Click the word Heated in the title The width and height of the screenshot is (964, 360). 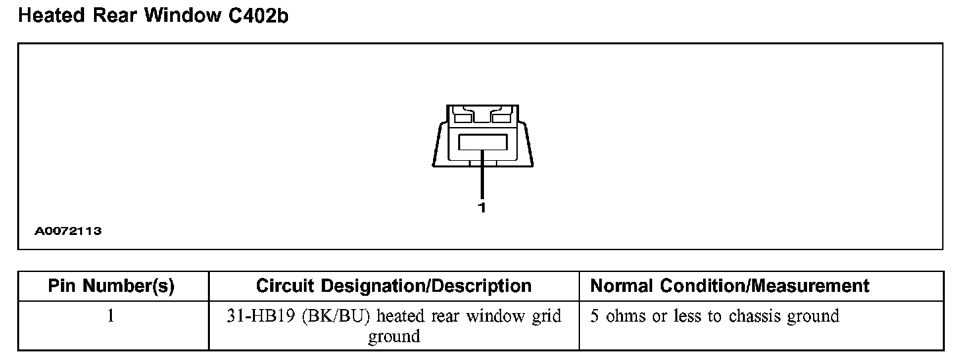[x=48, y=16]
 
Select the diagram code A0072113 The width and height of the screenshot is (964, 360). [x=68, y=232]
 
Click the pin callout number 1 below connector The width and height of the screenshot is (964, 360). [x=482, y=208]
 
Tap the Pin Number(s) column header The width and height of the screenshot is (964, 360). [x=111, y=286]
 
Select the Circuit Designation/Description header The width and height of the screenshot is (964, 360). [x=393, y=286]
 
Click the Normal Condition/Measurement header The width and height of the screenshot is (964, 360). [x=730, y=286]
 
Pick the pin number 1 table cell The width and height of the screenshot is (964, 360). [x=111, y=316]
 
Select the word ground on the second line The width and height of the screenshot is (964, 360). [x=394, y=336]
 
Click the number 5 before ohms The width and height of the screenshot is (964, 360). [x=595, y=316]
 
